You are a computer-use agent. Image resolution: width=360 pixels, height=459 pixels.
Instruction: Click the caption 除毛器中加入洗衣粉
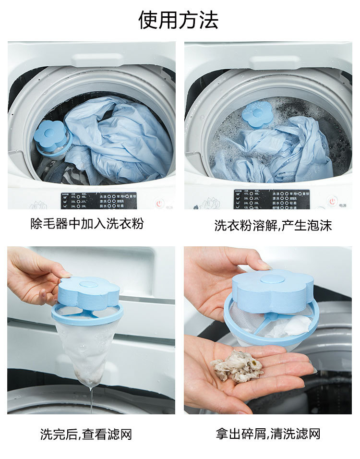87,224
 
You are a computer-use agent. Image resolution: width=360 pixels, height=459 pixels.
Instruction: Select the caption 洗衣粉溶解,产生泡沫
273,225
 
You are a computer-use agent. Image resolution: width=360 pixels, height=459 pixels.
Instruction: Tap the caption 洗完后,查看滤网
86,435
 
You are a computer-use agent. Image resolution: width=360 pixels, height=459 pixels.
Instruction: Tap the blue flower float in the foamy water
257,114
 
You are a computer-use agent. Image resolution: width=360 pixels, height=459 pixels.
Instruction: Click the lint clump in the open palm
238,366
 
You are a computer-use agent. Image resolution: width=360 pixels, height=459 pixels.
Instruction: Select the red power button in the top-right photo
331,201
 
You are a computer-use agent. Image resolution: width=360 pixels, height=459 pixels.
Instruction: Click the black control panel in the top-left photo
98,200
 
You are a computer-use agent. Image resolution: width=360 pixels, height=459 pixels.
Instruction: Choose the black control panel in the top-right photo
271,199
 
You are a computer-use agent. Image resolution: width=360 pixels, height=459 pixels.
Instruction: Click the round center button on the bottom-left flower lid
89,284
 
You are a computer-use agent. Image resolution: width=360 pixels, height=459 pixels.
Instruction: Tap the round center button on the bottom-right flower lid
272,279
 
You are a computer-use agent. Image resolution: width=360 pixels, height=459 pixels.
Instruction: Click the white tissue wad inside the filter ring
293,326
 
